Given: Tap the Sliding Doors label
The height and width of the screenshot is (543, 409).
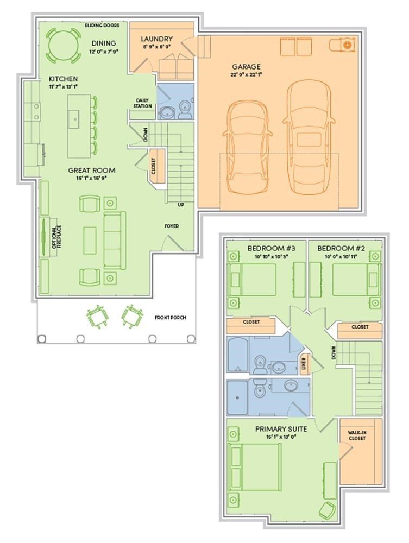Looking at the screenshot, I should (105, 25).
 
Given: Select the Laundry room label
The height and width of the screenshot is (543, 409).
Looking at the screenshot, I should (156, 39).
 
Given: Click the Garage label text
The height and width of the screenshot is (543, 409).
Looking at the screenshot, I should (246, 67).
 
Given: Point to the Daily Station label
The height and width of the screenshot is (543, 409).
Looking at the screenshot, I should (143, 103).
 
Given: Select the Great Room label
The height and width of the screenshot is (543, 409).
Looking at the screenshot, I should (91, 170).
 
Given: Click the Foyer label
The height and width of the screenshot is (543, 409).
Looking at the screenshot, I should (172, 226).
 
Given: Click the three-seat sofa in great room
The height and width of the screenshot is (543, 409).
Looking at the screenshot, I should (114, 239).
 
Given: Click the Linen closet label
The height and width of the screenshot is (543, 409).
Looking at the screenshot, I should (304, 365).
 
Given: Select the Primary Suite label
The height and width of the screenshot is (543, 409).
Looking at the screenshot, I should (281, 428).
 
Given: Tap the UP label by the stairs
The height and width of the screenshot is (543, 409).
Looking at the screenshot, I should (181, 205).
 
